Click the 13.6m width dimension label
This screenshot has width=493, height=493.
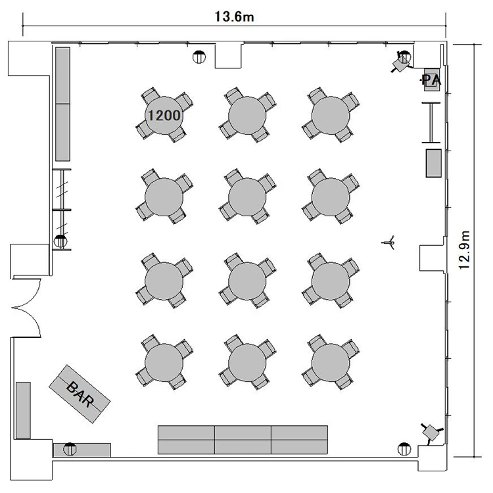point(234,16)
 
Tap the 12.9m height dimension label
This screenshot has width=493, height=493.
point(464,250)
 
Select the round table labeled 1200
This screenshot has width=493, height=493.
point(164,116)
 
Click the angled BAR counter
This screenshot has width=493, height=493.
point(80,394)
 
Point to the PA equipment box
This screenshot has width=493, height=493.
point(432,80)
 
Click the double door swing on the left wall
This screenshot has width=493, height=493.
point(27,308)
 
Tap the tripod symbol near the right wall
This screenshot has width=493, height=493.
point(388,243)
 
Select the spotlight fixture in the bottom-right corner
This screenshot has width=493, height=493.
point(431,433)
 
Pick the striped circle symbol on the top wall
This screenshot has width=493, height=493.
point(199,57)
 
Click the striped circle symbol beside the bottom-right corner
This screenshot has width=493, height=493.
point(404,449)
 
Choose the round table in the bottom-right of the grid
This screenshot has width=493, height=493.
point(331,362)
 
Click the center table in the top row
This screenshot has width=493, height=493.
point(247,116)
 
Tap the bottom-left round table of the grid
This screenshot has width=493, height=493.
point(164,362)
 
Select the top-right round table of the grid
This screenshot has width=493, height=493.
point(331,116)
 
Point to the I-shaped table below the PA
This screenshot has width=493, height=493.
point(431,123)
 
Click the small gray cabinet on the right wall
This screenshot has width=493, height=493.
point(434,163)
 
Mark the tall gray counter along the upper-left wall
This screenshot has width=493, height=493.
point(62,104)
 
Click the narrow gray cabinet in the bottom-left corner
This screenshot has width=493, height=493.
point(23,410)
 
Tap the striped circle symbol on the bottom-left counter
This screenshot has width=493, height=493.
point(70,449)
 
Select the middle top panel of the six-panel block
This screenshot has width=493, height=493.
point(243,433)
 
